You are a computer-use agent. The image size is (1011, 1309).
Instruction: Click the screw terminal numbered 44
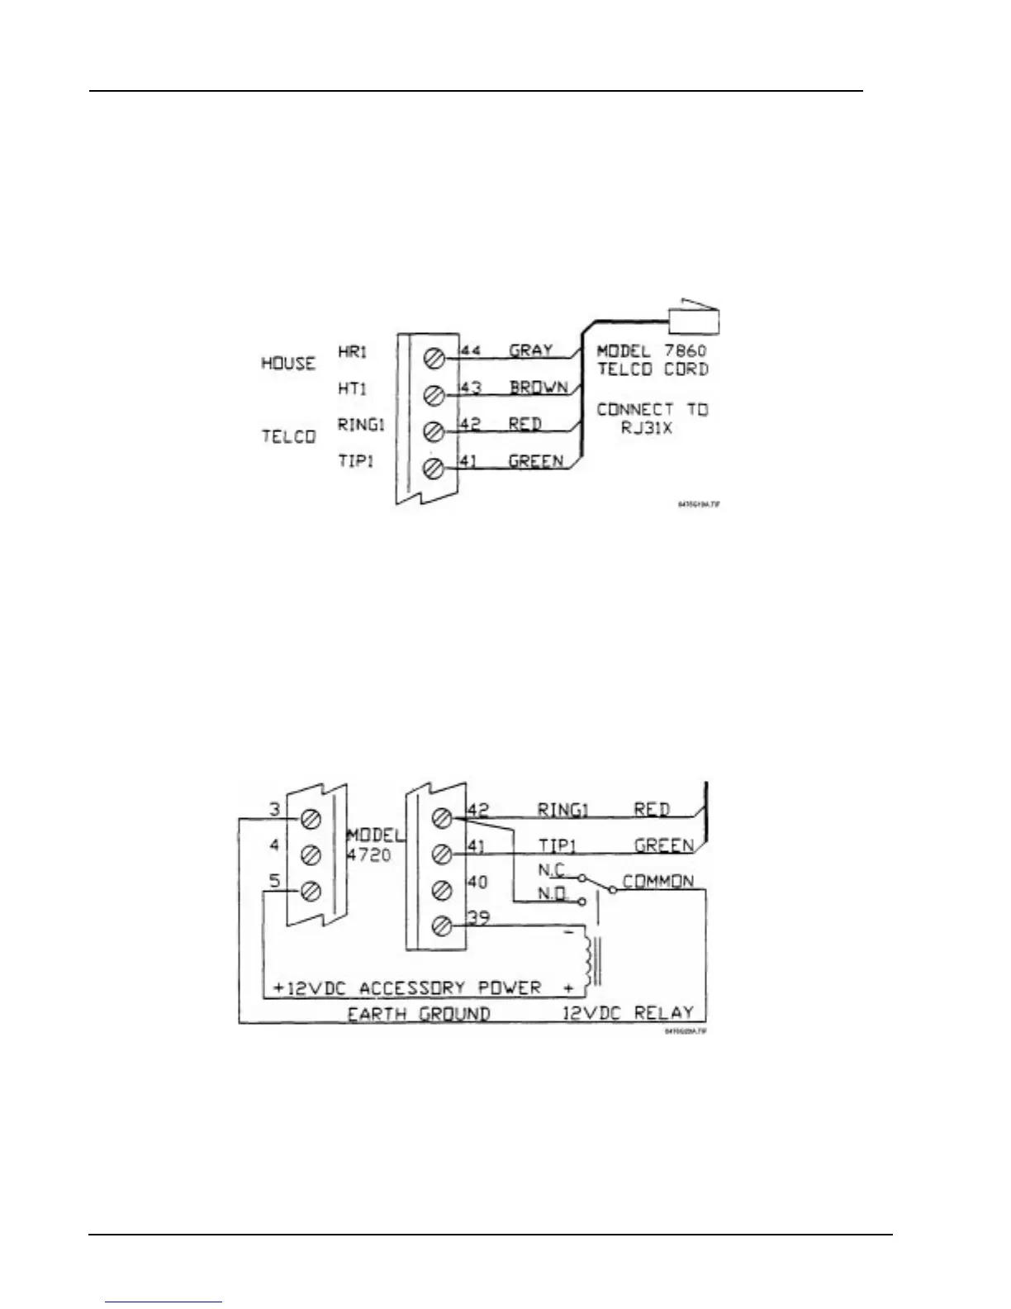(435, 359)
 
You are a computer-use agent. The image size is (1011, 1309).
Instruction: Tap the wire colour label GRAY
(530, 350)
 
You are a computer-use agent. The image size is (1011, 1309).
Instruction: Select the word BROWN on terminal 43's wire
(538, 387)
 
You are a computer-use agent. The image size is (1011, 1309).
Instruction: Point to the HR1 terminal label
(353, 351)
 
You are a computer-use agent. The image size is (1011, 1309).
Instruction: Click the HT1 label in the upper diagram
(353, 388)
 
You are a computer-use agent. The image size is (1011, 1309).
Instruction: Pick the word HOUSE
(288, 363)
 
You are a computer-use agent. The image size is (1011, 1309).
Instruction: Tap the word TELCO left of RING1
(288, 436)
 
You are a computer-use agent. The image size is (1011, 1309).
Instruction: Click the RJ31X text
(647, 428)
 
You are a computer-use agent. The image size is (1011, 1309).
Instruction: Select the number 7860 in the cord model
(686, 350)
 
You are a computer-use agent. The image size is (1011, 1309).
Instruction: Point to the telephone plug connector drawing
(697, 318)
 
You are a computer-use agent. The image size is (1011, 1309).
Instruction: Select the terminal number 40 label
(477, 882)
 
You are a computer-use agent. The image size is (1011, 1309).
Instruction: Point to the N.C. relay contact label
(551, 870)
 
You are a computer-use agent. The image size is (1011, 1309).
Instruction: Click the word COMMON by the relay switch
(658, 881)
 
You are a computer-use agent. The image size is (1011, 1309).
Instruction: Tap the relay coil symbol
(588, 958)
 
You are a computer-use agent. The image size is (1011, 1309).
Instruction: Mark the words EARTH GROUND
(419, 1013)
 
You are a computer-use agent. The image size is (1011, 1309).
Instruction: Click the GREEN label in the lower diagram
(663, 845)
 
